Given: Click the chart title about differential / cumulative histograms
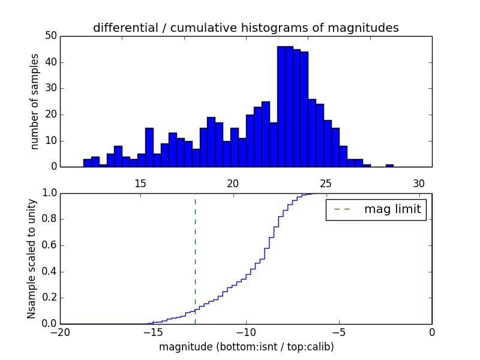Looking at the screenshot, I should click(x=245, y=28).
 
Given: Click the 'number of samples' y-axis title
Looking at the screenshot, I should click(x=35, y=101).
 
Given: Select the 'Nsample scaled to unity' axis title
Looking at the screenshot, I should click(x=32, y=258).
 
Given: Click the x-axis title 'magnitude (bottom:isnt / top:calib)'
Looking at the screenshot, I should click(x=246, y=347).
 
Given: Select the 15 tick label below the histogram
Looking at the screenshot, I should click(x=140, y=183).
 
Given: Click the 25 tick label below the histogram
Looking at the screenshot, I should click(x=326, y=183).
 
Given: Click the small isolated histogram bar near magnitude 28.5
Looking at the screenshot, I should click(x=389, y=166).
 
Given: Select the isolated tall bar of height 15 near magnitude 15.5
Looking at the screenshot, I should click(x=149, y=148).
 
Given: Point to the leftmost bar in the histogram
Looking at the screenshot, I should click(x=87, y=163).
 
